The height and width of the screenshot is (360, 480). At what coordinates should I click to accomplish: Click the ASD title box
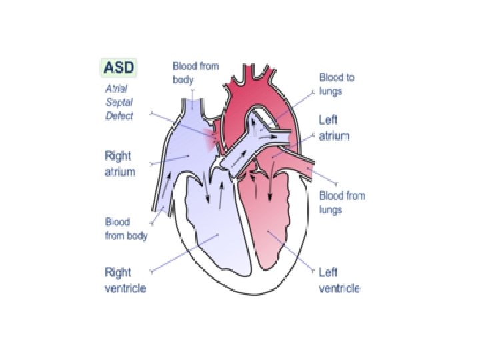(x=119, y=67)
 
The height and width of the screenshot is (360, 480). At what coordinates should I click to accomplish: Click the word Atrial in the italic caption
(x=116, y=88)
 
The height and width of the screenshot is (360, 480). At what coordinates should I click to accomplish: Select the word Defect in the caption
(x=119, y=116)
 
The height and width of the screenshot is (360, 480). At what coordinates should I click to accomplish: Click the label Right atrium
(x=120, y=163)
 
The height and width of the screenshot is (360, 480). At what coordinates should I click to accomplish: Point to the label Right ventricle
(x=125, y=280)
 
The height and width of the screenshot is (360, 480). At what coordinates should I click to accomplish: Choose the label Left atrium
(x=334, y=128)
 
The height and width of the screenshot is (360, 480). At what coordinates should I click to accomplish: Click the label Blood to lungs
(x=337, y=83)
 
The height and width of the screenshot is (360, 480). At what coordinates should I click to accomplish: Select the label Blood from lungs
(x=342, y=203)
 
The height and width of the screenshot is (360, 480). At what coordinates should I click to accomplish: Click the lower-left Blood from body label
(x=126, y=229)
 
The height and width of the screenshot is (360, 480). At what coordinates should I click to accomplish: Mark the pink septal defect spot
(x=213, y=140)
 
